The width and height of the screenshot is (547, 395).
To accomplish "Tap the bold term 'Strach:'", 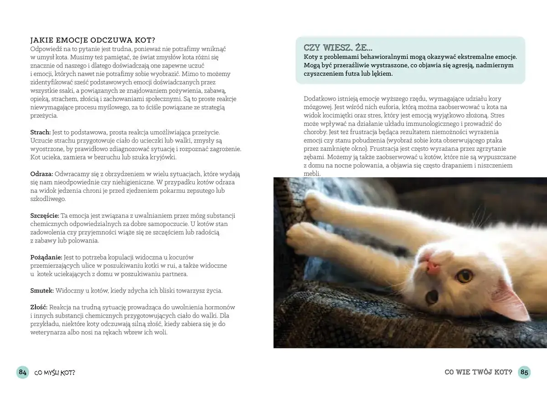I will click(40, 131).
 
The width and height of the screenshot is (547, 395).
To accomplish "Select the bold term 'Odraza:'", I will click(41, 174).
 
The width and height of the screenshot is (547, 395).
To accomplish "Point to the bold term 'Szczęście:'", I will click(45, 215).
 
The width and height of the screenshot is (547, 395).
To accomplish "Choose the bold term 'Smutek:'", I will click(42, 290).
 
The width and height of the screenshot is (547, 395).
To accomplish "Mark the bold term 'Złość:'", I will click(39, 307).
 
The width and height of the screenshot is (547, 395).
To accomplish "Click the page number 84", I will click(22, 372).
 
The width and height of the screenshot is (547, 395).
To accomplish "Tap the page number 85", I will click(524, 372).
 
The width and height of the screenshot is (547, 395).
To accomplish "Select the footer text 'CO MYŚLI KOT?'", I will click(55, 373).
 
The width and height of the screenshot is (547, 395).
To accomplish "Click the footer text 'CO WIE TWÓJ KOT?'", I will click(478, 372).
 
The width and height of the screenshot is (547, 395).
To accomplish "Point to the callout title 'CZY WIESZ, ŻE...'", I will click(338, 47).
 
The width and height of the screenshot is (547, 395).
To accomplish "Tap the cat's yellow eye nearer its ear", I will click(464, 275).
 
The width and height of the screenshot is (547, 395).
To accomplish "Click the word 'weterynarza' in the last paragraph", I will click(48, 332).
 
